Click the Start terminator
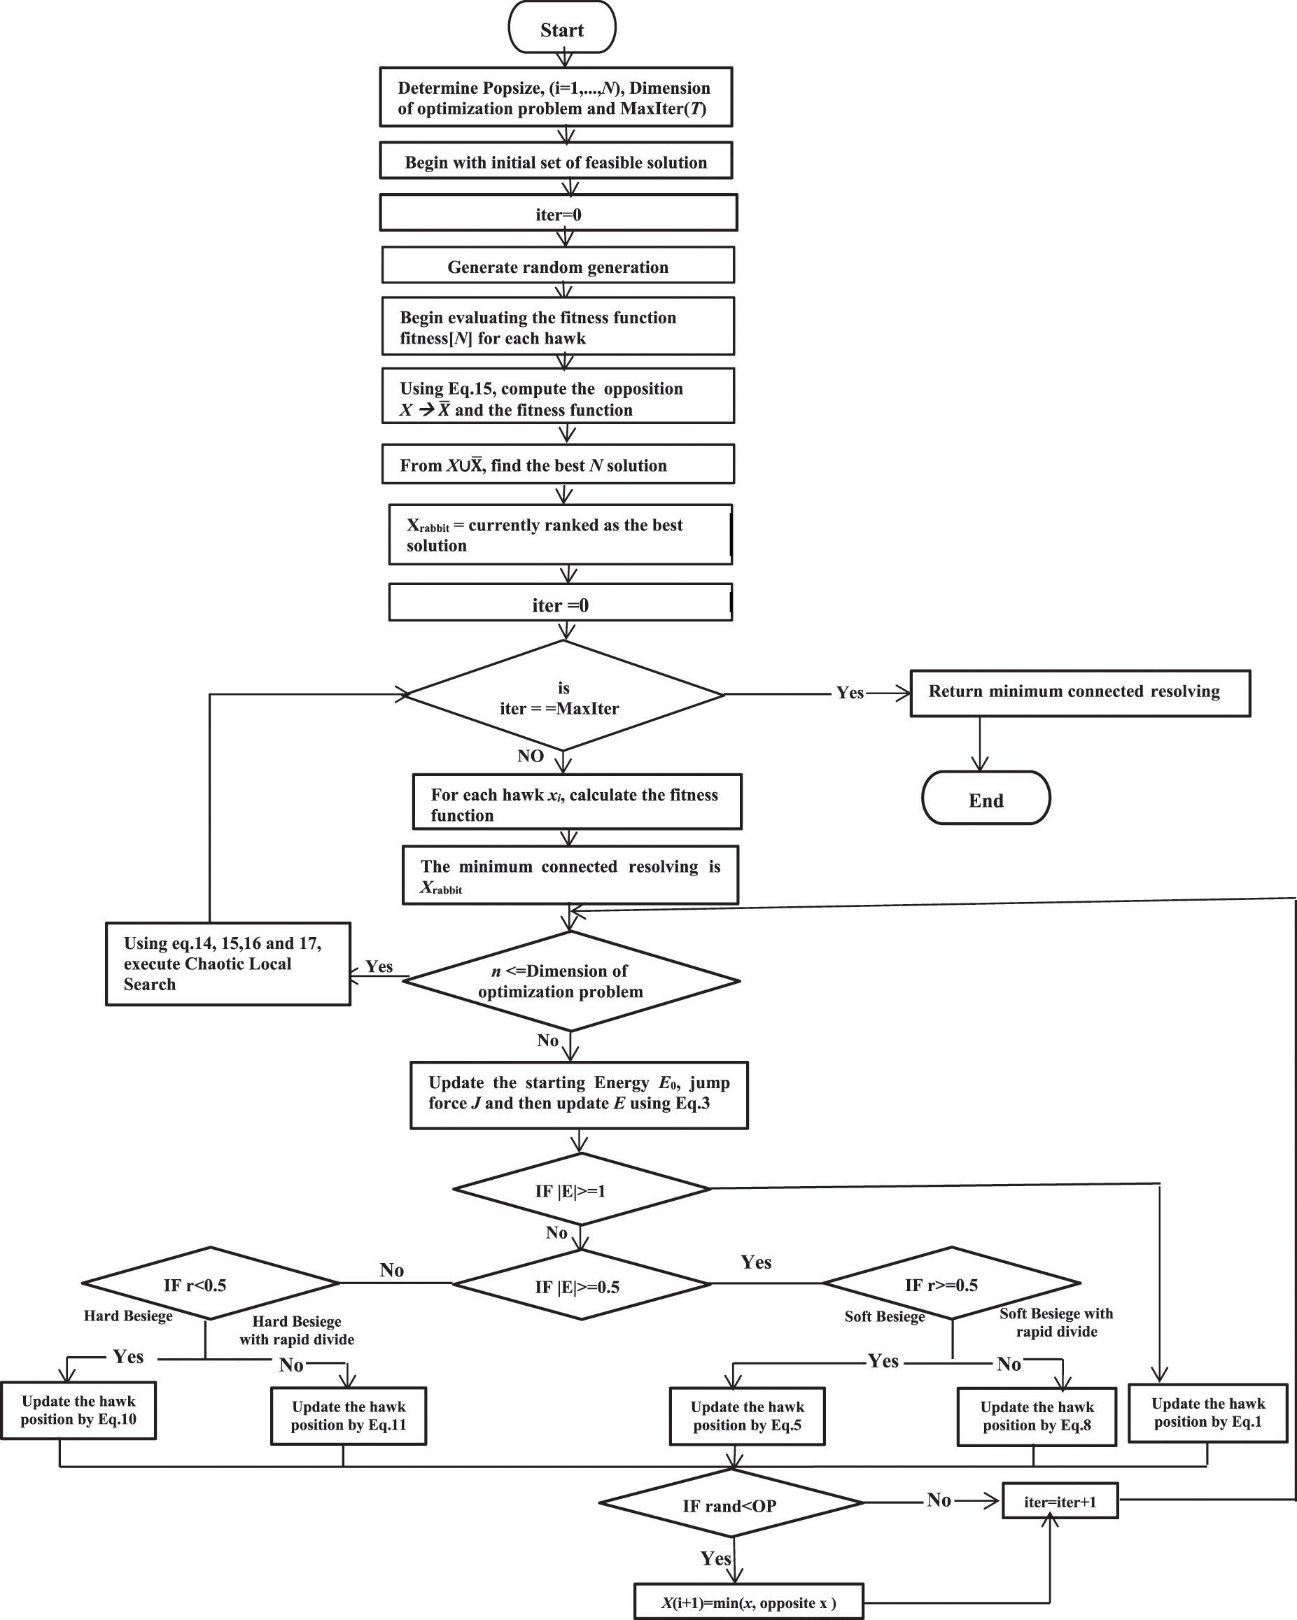562,29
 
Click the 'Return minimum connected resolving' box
1079,693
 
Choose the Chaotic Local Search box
227,964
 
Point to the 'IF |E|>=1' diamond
581,1190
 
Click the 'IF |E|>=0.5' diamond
581,1286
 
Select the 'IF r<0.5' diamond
211,1284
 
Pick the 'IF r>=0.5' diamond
951,1284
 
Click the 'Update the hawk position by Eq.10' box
78,1409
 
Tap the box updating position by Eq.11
349,1416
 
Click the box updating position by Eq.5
747,1416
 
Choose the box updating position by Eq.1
1207,1413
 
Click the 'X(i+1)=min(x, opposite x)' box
748,1603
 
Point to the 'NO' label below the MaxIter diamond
531,756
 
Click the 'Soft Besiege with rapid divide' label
1056,1323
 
